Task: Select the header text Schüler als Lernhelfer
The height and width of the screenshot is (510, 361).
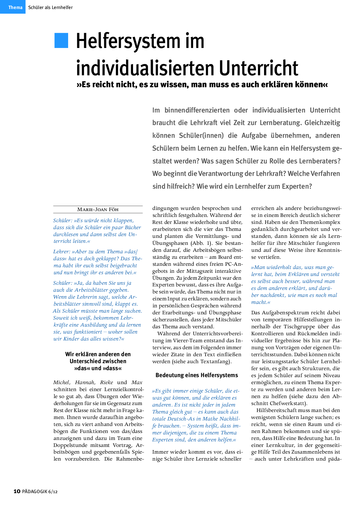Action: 50,8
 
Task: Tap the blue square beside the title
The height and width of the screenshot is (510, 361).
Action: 61,40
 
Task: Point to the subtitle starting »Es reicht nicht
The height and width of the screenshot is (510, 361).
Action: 202,85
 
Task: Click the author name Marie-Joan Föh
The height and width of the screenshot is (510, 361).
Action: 98,210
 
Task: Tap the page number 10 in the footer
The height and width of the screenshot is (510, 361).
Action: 17,491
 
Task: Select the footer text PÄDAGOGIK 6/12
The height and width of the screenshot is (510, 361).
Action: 40,491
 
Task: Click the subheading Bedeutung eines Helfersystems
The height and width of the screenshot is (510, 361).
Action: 197,375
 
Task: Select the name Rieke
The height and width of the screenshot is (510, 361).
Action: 107,382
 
